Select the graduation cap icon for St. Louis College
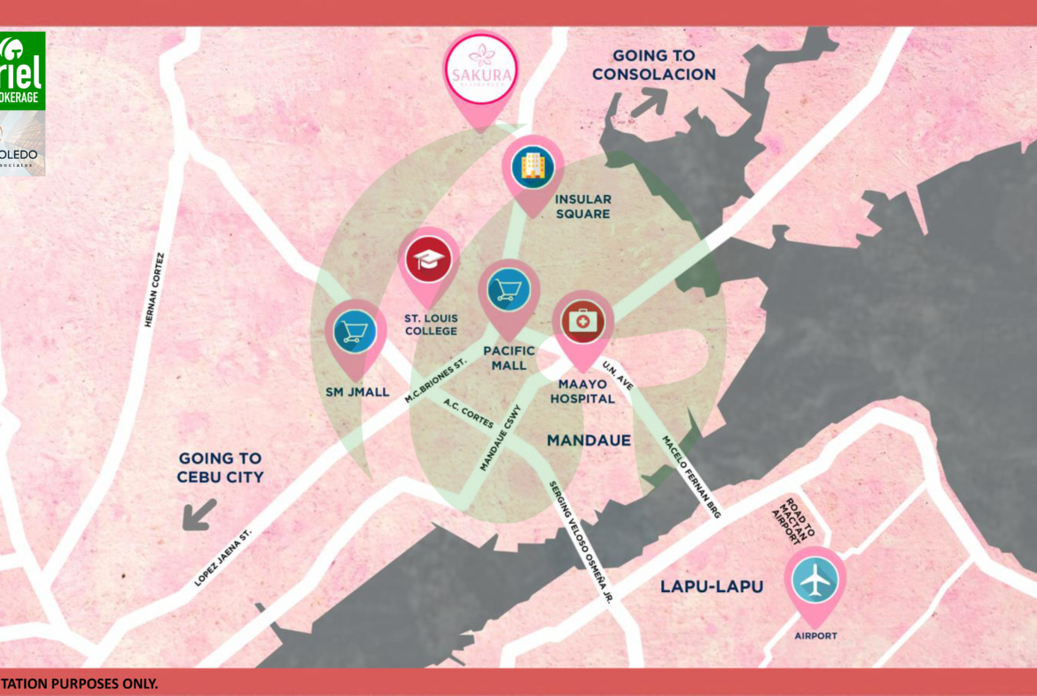[x=429, y=260]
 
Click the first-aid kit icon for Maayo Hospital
[x=583, y=321]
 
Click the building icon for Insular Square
[x=533, y=165]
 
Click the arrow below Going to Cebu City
[x=199, y=513]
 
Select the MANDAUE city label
[x=589, y=440]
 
